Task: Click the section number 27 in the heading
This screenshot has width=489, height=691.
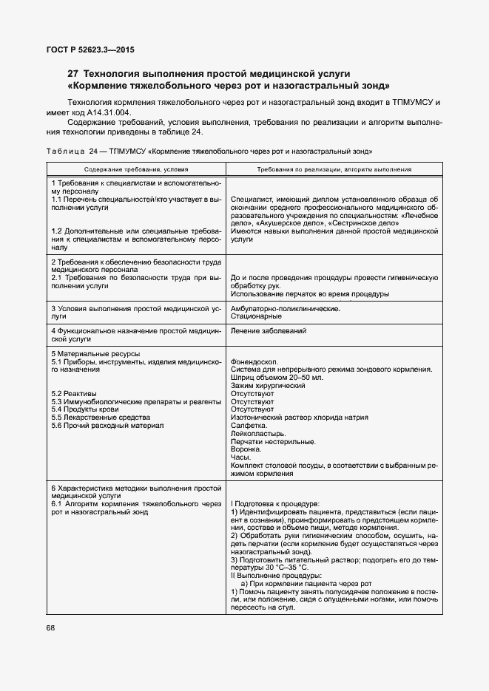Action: pyautogui.click(x=73, y=74)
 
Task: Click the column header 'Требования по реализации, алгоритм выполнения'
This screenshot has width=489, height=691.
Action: pyautogui.click(x=334, y=169)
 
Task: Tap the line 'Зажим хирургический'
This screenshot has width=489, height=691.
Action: pyautogui.click(x=269, y=385)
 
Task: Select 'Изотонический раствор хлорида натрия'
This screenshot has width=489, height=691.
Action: pyautogui.click(x=300, y=417)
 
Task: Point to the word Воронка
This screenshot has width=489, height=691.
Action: pyautogui.click(x=246, y=449)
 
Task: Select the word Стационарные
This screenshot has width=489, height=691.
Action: pyautogui.click(x=255, y=316)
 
